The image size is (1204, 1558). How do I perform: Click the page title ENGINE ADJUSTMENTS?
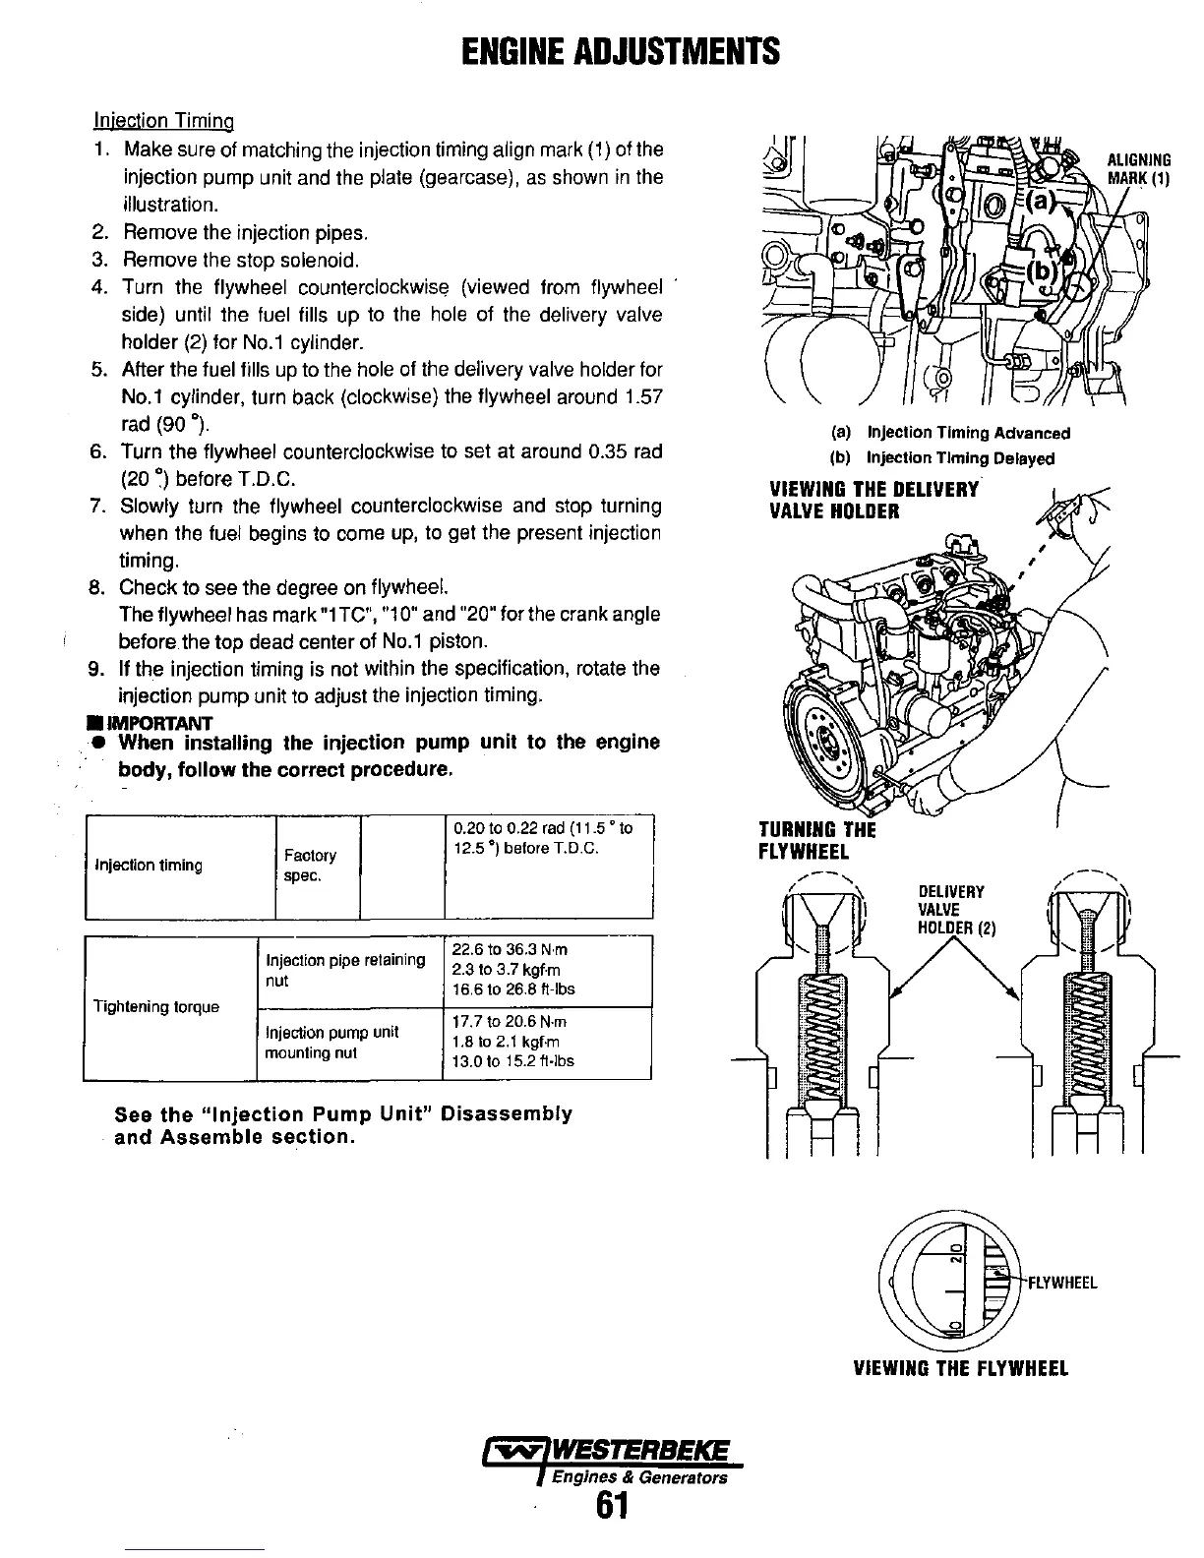(x=621, y=49)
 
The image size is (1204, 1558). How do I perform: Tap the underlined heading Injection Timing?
(x=163, y=122)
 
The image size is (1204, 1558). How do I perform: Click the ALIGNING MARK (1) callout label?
(x=1138, y=169)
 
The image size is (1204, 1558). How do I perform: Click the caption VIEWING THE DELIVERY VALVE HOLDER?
(x=873, y=501)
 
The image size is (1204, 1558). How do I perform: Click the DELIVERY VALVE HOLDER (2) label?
(x=950, y=910)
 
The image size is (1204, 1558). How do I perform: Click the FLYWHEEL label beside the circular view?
(x=1062, y=1283)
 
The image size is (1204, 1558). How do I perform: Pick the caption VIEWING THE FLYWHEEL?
(x=959, y=1368)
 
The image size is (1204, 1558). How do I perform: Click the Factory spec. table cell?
(x=310, y=866)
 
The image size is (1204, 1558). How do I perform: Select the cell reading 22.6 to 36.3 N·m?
(x=510, y=950)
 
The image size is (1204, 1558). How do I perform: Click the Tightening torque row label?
(x=156, y=1007)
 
